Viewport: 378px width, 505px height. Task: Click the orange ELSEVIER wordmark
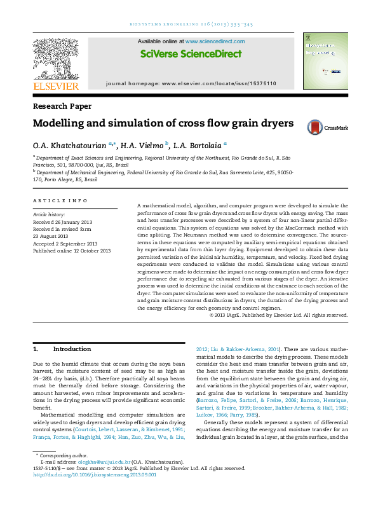pyautogui.click(x=56, y=85)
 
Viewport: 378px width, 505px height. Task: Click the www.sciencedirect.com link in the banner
pyautogui.click(x=215, y=41)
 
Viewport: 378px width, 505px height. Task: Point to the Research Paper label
pyautogui.click(x=62, y=107)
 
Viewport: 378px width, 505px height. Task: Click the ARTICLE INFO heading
pyautogui.click(x=60, y=201)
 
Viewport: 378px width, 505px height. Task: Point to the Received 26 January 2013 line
pyautogui.click(x=62, y=222)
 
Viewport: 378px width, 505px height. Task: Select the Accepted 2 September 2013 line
pyautogui.click(x=65, y=244)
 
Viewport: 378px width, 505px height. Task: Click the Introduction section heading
pyautogui.click(x=72, y=349)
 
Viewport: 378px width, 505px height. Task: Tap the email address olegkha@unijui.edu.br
pyautogui.click(x=102, y=480)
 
